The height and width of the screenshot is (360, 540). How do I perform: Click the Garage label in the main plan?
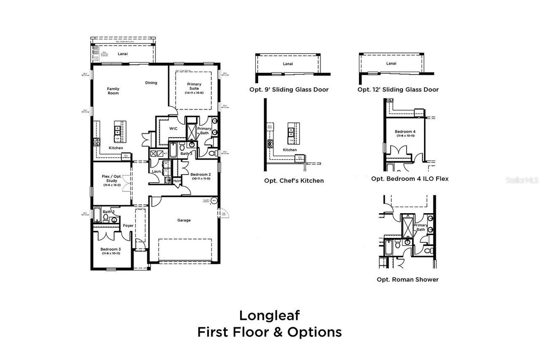pos(184,220)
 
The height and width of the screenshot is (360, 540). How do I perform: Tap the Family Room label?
pos(113,91)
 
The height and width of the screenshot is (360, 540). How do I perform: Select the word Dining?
pos(151,83)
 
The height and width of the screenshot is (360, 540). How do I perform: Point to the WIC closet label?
pos(173,128)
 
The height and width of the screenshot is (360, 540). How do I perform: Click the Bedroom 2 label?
pos(200,175)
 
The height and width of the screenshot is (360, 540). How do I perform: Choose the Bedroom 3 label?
pos(111,249)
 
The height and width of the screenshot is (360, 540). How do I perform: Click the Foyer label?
pos(128,226)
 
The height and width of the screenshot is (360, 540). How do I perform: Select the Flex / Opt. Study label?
pos(112,179)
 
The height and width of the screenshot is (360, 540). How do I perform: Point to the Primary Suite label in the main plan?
pos(194,87)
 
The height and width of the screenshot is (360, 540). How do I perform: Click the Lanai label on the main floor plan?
pos(122,54)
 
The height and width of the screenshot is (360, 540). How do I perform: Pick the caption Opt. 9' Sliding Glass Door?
pos(289,89)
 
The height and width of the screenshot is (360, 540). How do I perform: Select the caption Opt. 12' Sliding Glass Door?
pos(398,89)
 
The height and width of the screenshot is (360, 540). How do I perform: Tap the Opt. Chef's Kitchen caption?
pos(294,181)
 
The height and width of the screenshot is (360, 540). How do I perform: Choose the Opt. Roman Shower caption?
pos(408,279)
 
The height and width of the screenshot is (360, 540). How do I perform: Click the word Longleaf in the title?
pos(270,315)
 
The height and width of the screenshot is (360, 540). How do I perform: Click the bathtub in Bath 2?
pos(97,215)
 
